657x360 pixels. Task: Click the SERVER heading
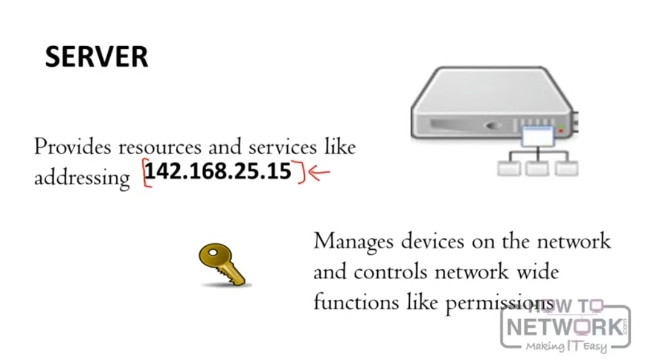(96, 57)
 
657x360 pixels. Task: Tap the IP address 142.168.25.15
(218, 171)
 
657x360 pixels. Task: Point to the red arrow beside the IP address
(319, 173)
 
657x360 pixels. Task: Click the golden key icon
(223, 265)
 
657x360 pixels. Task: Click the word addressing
(82, 178)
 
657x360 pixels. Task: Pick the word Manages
(353, 241)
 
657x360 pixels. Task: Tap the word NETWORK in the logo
(565, 327)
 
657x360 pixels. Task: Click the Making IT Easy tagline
(566, 347)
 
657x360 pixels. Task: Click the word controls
(390, 271)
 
